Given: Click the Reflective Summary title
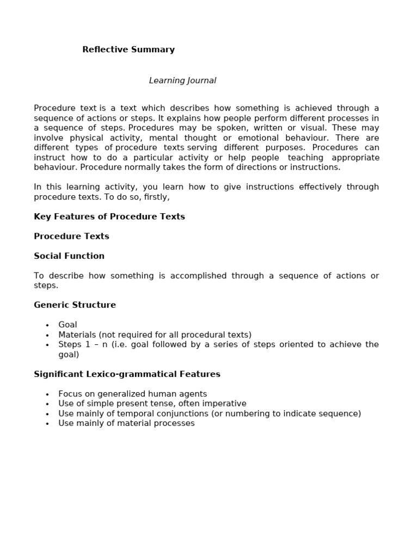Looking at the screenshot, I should pyautogui.click(x=128, y=49).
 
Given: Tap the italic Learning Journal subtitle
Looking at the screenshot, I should pyautogui.click(x=182, y=81).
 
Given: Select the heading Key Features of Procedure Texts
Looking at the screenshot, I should pyautogui.click(x=109, y=216).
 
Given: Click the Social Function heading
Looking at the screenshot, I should pyautogui.click(x=69, y=256).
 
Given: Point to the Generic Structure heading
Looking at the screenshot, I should pyautogui.click(x=75, y=305).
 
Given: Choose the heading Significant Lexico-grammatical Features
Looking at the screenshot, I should pyautogui.click(x=127, y=374).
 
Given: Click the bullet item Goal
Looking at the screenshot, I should pyautogui.click(x=67, y=325).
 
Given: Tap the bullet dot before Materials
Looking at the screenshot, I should pyautogui.click(x=47, y=335).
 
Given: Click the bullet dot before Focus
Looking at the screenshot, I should pyautogui.click(x=47, y=394).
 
